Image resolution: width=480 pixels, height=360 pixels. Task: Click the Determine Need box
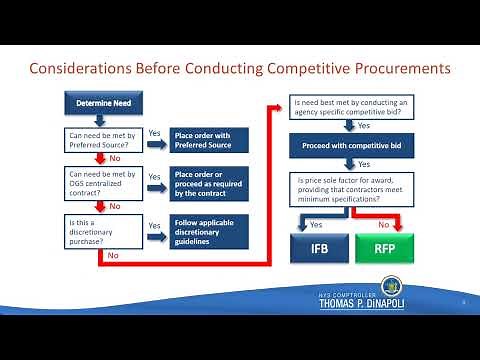(98, 103)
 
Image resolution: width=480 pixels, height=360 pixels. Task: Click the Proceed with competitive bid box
(352, 145)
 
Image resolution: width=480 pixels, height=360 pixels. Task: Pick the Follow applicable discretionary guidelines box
(207, 231)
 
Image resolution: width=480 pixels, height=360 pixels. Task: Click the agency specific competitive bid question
(352, 107)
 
